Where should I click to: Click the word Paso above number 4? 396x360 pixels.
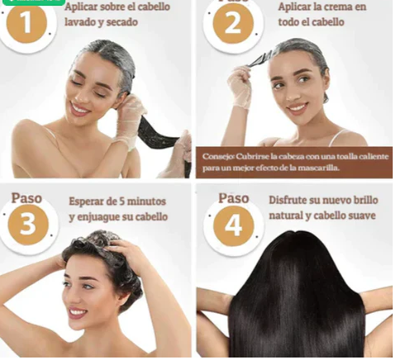pyautogui.click(x=233, y=198)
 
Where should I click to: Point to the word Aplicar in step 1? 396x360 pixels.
pyautogui.click(x=83, y=7)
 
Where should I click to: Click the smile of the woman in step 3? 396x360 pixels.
pyautogui.click(x=77, y=313)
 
